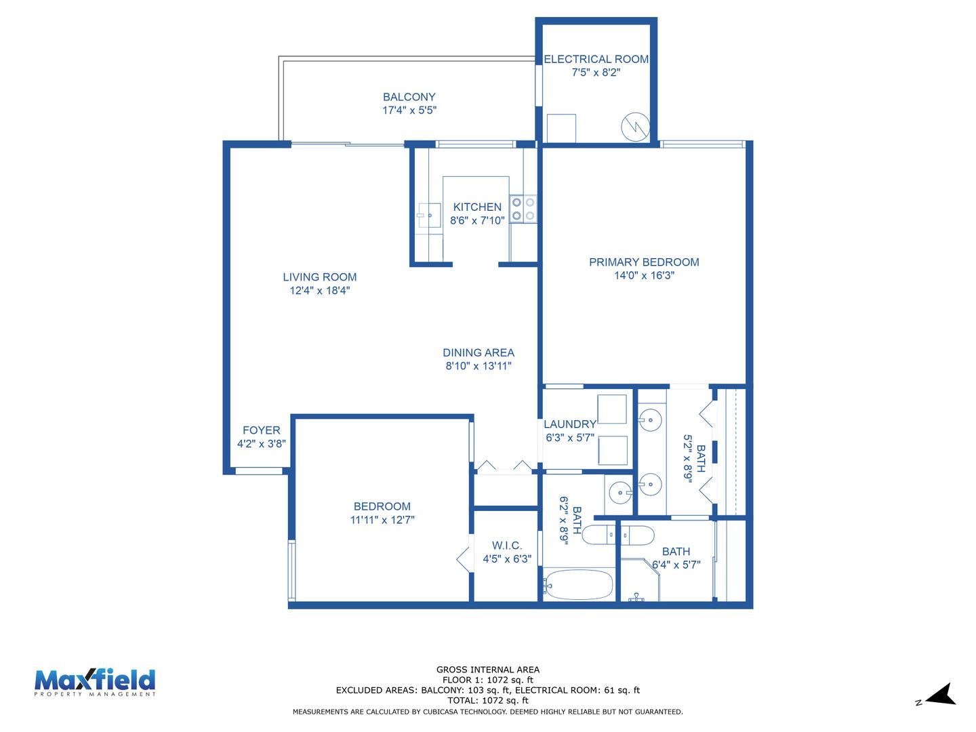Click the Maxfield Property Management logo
(95, 683)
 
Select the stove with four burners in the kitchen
(523, 209)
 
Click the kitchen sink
(430, 215)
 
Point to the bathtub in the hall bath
(579, 584)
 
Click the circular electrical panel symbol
(635, 127)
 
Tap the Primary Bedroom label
(644, 262)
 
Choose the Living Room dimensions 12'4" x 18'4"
(320, 291)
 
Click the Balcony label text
(409, 97)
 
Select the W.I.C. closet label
(507, 546)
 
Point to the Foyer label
(262, 430)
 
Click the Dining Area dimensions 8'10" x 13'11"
(479, 366)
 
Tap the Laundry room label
(569, 424)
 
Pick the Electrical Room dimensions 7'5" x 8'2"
(596, 73)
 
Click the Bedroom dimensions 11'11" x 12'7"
(382, 520)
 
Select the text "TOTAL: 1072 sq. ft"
(488, 700)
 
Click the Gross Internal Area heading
(488, 670)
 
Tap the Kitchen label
(477, 207)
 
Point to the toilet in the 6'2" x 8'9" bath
(598, 535)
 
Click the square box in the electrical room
(561, 129)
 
